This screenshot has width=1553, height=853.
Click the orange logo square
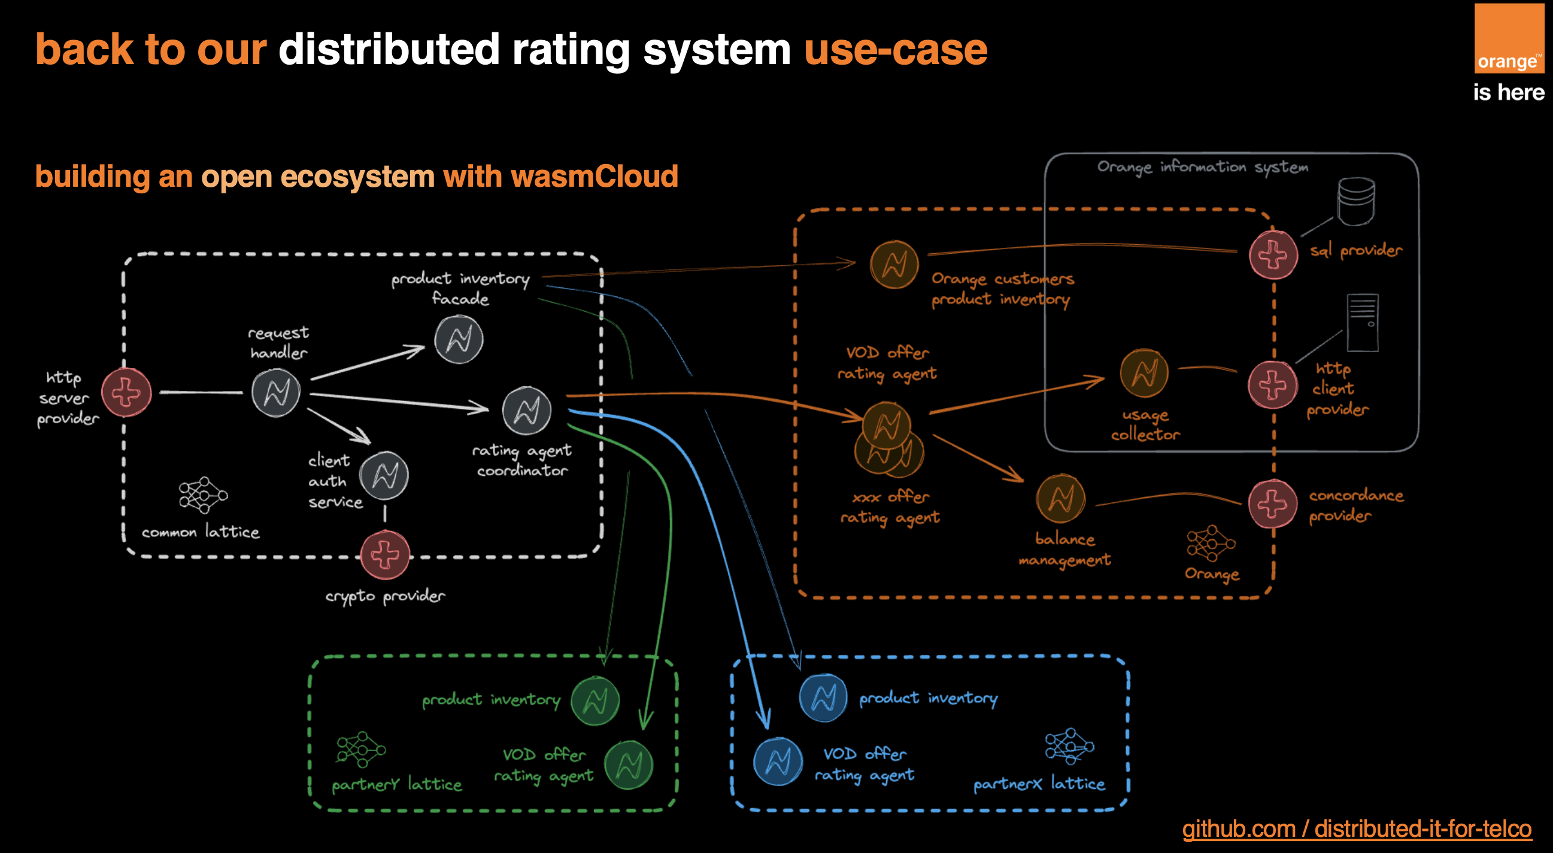coord(1509,38)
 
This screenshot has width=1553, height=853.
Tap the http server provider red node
coord(126,393)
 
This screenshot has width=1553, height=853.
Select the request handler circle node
coord(276,393)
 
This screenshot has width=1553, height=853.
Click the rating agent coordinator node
coord(527,411)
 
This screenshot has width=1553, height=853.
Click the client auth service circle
coord(384,476)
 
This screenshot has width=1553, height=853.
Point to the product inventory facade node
coord(459,340)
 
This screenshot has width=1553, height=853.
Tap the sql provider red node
coord(1273,254)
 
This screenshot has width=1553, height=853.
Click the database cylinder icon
coord(1356,201)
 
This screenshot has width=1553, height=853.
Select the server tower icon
coord(1363,323)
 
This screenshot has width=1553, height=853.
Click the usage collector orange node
coord(1143,373)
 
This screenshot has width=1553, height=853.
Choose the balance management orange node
coord(1060,499)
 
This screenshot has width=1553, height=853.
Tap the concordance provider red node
coord(1272,503)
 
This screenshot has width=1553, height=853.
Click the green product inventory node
coord(595,701)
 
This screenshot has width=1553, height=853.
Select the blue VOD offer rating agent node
coord(778,761)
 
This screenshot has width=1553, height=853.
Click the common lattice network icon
coord(203,495)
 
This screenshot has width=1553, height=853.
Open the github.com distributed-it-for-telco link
coord(1357,828)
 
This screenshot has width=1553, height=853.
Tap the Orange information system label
coord(1202,167)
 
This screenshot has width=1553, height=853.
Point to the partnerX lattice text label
coord(1039,784)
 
